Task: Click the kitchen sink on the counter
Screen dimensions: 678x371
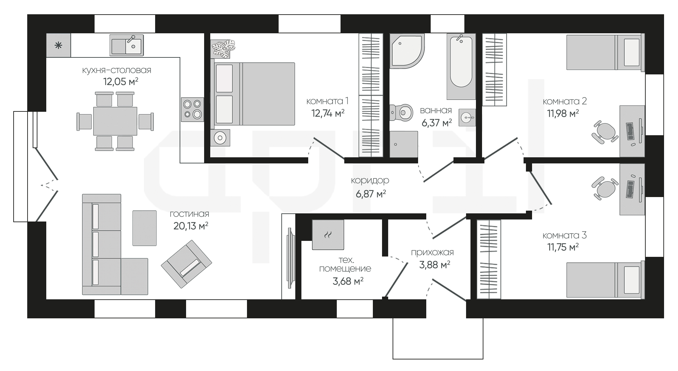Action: click(126, 45)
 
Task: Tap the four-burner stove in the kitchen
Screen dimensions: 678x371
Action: click(192, 109)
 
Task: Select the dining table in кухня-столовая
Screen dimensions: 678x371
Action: click(115, 121)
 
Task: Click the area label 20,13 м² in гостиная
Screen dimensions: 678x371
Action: click(191, 226)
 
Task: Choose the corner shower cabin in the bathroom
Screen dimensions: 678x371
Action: click(407, 51)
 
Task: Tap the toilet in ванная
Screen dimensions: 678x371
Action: click(401, 112)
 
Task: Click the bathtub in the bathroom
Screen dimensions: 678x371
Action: click(461, 66)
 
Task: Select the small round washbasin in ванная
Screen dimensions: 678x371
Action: click(467, 118)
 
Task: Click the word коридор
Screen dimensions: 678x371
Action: click(370, 180)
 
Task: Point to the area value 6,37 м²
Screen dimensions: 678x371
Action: click(437, 123)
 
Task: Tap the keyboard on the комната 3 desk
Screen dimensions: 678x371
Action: click(630, 189)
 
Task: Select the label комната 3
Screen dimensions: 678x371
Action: click(565, 235)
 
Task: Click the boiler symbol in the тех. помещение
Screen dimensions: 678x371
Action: click(328, 234)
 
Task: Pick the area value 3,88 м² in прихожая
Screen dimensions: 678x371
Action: click(435, 265)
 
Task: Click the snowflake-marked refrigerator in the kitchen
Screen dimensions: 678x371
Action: click(59, 45)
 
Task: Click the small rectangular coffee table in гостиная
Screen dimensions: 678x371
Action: click(145, 228)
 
